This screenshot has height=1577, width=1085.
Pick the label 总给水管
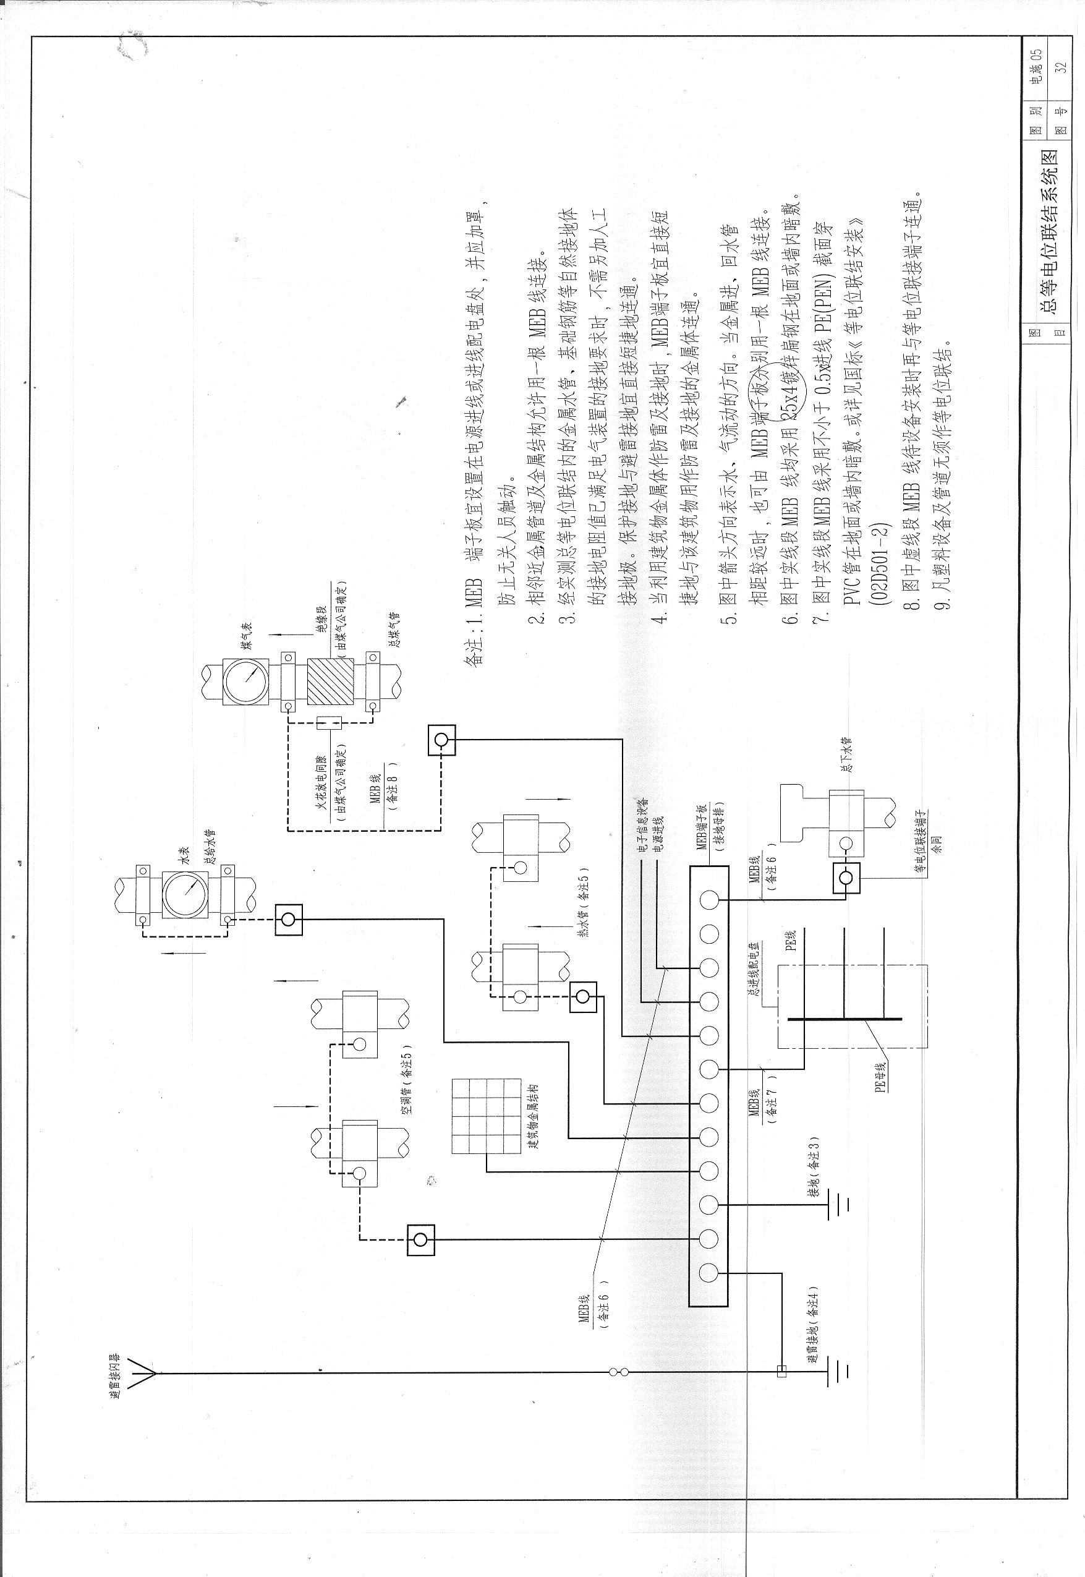211,848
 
